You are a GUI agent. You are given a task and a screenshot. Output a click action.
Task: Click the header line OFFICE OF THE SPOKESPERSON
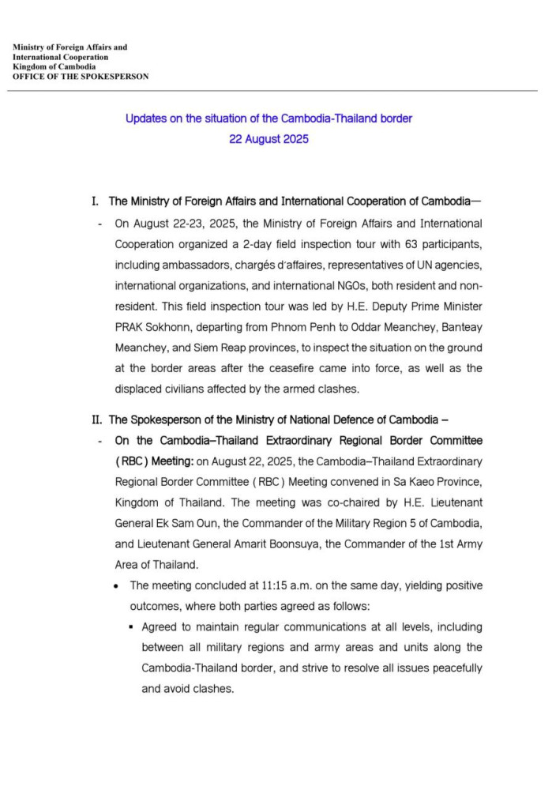(x=81, y=77)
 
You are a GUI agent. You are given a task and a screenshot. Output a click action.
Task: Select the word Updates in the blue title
(x=145, y=118)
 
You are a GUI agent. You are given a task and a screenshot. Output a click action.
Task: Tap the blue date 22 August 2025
(x=268, y=139)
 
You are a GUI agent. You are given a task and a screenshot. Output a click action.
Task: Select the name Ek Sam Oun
(x=186, y=523)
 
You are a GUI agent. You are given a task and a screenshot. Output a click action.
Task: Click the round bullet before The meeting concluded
(x=117, y=586)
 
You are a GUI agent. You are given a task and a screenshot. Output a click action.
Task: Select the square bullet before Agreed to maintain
(x=131, y=627)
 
